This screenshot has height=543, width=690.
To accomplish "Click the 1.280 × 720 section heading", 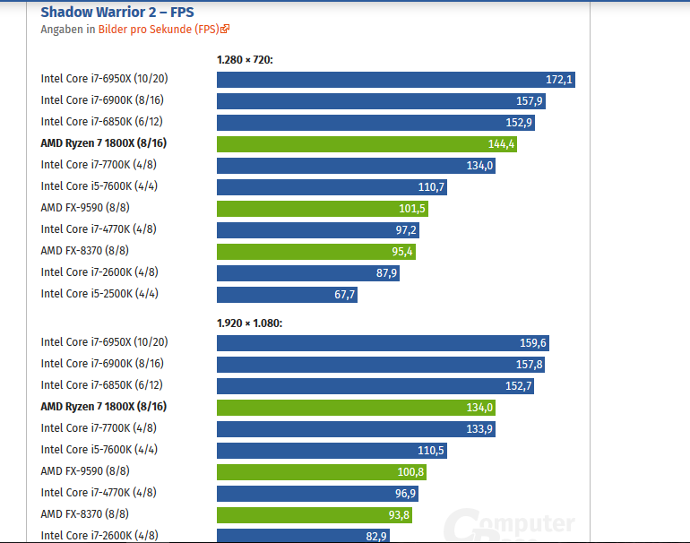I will pos(245,59).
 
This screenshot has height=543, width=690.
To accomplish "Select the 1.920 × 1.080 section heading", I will pos(249,323).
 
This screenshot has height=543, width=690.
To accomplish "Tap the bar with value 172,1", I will pos(395,80).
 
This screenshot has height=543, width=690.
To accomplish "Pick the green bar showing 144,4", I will pos(367,144).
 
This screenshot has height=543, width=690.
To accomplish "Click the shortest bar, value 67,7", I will pos(287,295).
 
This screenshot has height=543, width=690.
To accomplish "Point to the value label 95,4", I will pos(402,252).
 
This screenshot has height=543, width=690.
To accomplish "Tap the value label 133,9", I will pos(479,429).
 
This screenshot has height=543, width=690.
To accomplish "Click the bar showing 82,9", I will pos(304,536).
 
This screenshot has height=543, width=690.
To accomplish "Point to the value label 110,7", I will pos(431,187).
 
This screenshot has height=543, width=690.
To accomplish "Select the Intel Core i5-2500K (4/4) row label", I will pos(100,294).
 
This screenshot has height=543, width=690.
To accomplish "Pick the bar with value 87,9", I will pos(307,273).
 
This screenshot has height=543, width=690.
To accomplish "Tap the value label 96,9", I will pos(403,494).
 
